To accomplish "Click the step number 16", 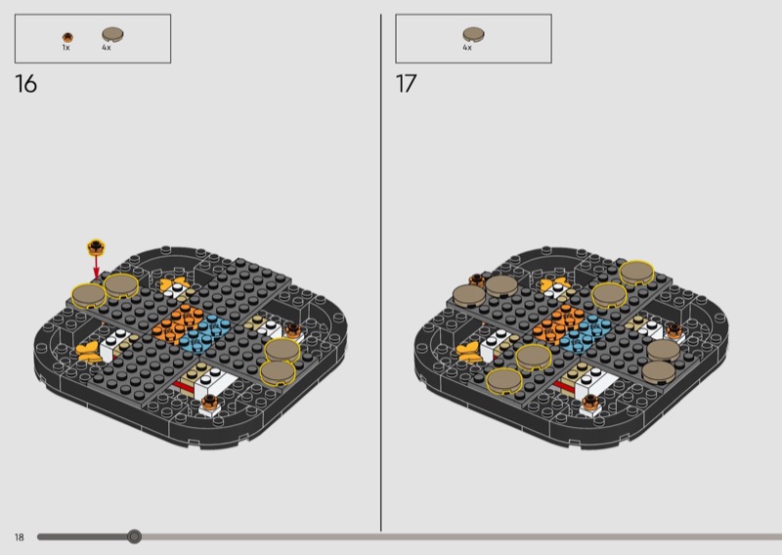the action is pyautogui.click(x=26, y=84).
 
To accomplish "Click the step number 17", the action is pyautogui.click(x=406, y=84).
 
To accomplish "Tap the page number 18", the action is pyautogui.click(x=19, y=537).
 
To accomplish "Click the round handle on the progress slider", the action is pyautogui.click(x=134, y=536).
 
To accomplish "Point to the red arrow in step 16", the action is pyautogui.click(x=96, y=268).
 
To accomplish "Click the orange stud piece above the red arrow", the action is pyautogui.click(x=96, y=247).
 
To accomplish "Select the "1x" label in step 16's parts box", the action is pyautogui.click(x=65, y=47).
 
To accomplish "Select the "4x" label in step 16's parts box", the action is pyautogui.click(x=107, y=47).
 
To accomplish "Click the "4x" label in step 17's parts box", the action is pyautogui.click(x=467, y=47).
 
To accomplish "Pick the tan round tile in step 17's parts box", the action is pyautogui.click(x=473, y=35).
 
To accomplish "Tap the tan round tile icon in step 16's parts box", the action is pyautogui.click(x=112, y=35).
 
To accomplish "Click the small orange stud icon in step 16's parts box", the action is pyautogui.click(x=67, y=37).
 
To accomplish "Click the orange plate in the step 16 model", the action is pyautogui.click(x=176, y=323).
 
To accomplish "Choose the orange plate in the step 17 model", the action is pyautogui.click(x=557, y=323).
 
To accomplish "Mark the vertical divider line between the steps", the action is pyautogui.click(x=381, y=273).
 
